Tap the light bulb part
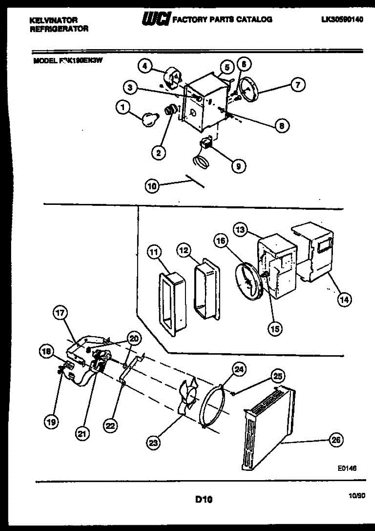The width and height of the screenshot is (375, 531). pos(149,118)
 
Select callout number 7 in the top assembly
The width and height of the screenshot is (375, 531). pos(298,84)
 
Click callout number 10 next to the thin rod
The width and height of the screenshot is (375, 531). pos(152,187)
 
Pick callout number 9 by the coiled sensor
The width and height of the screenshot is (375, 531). pos(238,166)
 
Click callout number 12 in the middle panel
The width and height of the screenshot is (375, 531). pos(184,251)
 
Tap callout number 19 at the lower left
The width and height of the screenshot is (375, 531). pos(52,423)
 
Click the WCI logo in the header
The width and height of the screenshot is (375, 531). pos(155,19)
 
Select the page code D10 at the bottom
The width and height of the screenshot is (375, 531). pos(204,500)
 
